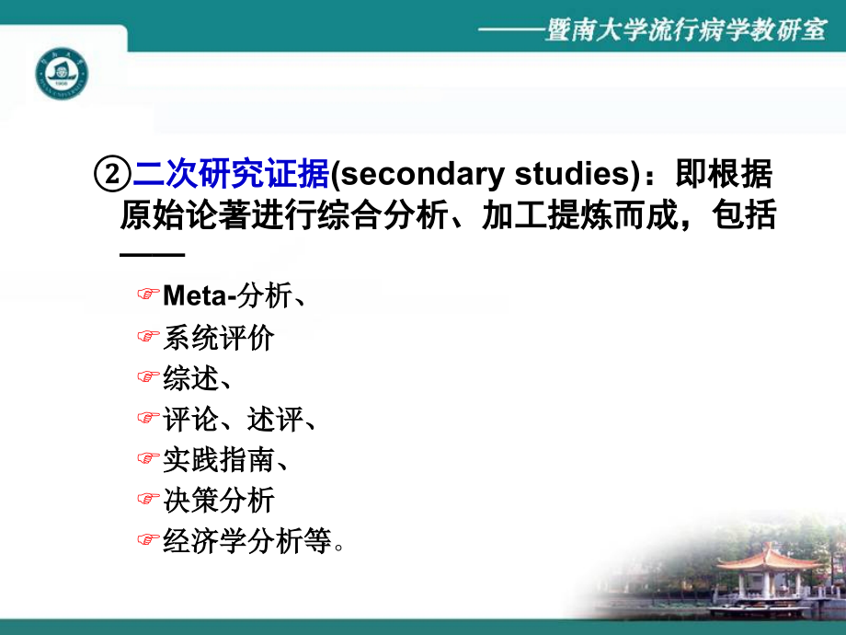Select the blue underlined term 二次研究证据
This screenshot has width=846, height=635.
(x=231, y=175)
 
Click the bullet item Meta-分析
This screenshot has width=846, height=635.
(x=234, y=295)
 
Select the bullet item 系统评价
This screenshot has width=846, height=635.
(x=218, y=337)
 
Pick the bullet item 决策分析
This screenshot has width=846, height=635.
(x=218, y=500)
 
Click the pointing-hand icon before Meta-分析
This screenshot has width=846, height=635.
(x=148, y=295)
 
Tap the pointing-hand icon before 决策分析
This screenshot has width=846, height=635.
(x=148, y=500)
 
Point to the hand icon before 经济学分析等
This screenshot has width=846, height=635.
(x=148, y=541)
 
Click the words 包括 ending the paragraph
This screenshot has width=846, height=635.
(x=747, y=217)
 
